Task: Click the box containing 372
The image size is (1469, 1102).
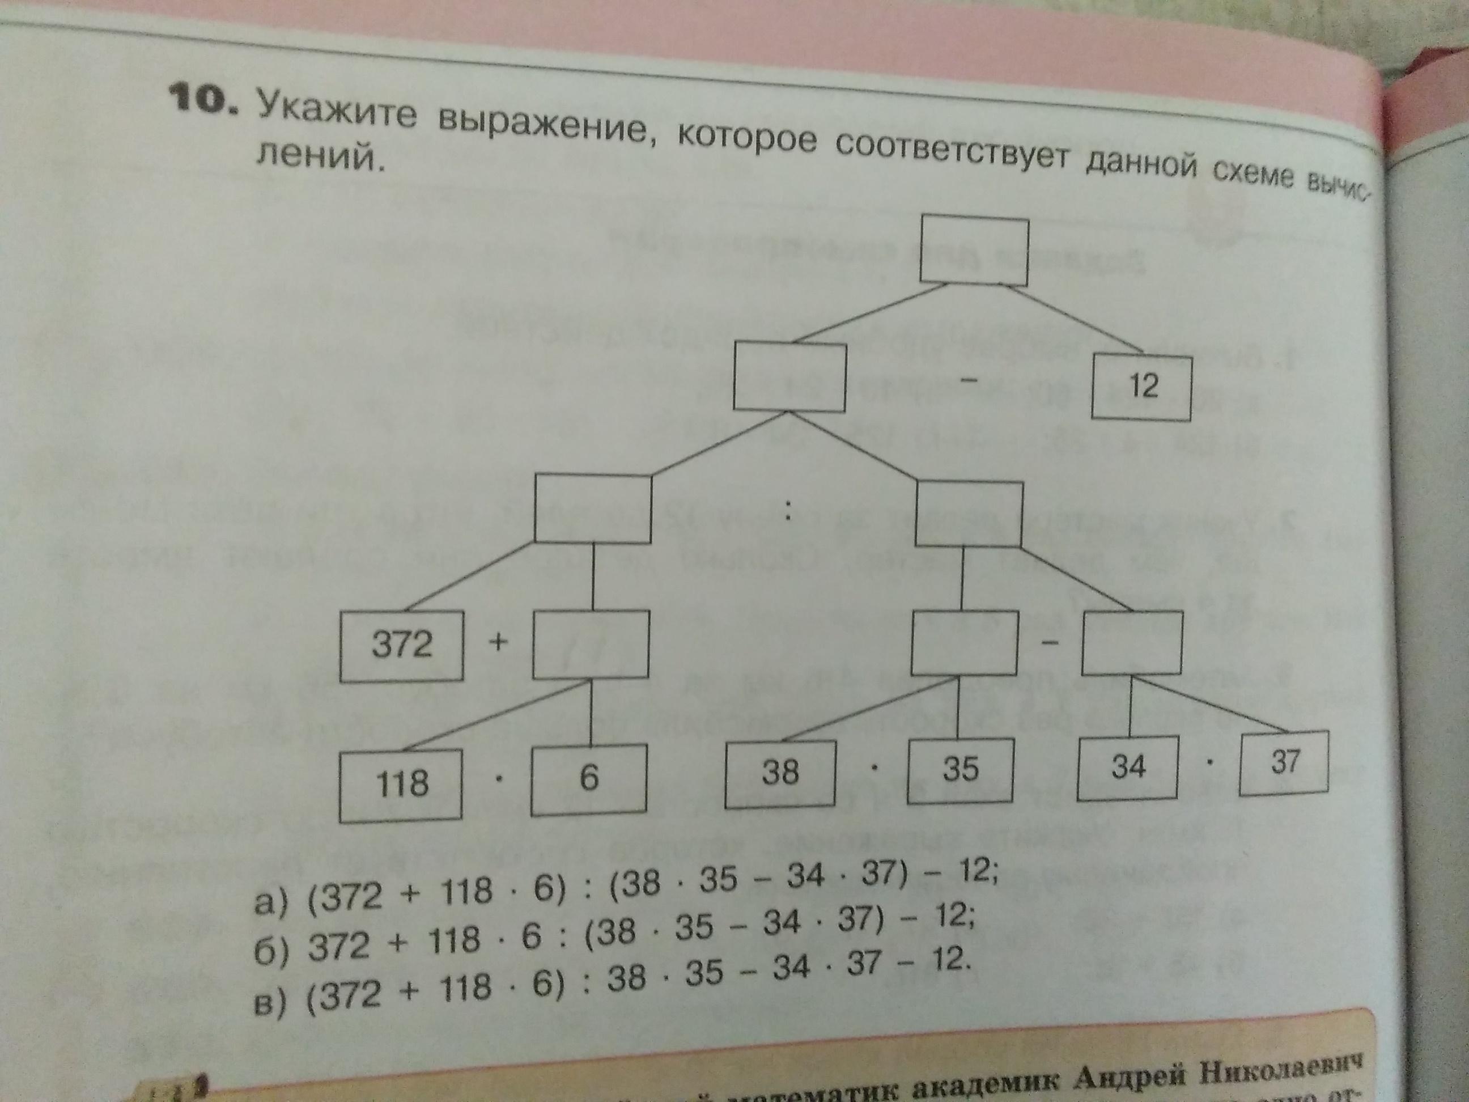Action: pyautogui.click(x=401, y=645)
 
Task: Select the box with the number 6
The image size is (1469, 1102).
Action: pyautogui.click(x=588, y=778)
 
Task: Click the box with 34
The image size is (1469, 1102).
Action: pyautogui.click(x=1128, y=766)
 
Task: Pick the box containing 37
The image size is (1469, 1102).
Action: pyautogui.click(x=1284, y=762)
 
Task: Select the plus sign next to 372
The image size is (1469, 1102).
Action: pyautogui.click(x=499, y=642)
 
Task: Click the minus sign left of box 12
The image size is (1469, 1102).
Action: pyautogui.click(x=969, y=379)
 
